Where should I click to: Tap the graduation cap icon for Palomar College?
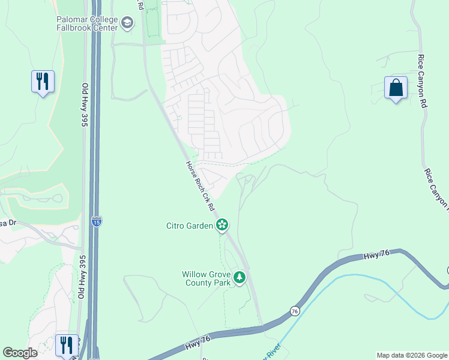[127, 23]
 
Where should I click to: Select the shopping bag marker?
[396, 88]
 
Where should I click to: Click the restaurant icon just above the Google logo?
[67, 345]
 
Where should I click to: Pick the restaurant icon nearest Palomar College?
[43, 82]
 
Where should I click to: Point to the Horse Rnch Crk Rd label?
[200, 186]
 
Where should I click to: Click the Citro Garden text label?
[189, 226]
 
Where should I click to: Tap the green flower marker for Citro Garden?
[223, 225]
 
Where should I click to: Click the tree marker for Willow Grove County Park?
[240, 277]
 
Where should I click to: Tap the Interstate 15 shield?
[97, 221]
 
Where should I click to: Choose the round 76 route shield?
[294, 311]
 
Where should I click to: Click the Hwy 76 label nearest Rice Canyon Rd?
[377, 254]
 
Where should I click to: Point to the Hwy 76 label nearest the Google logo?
[199, 343]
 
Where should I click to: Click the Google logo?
[20, 353]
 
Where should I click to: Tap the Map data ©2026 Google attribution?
[412, 355]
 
